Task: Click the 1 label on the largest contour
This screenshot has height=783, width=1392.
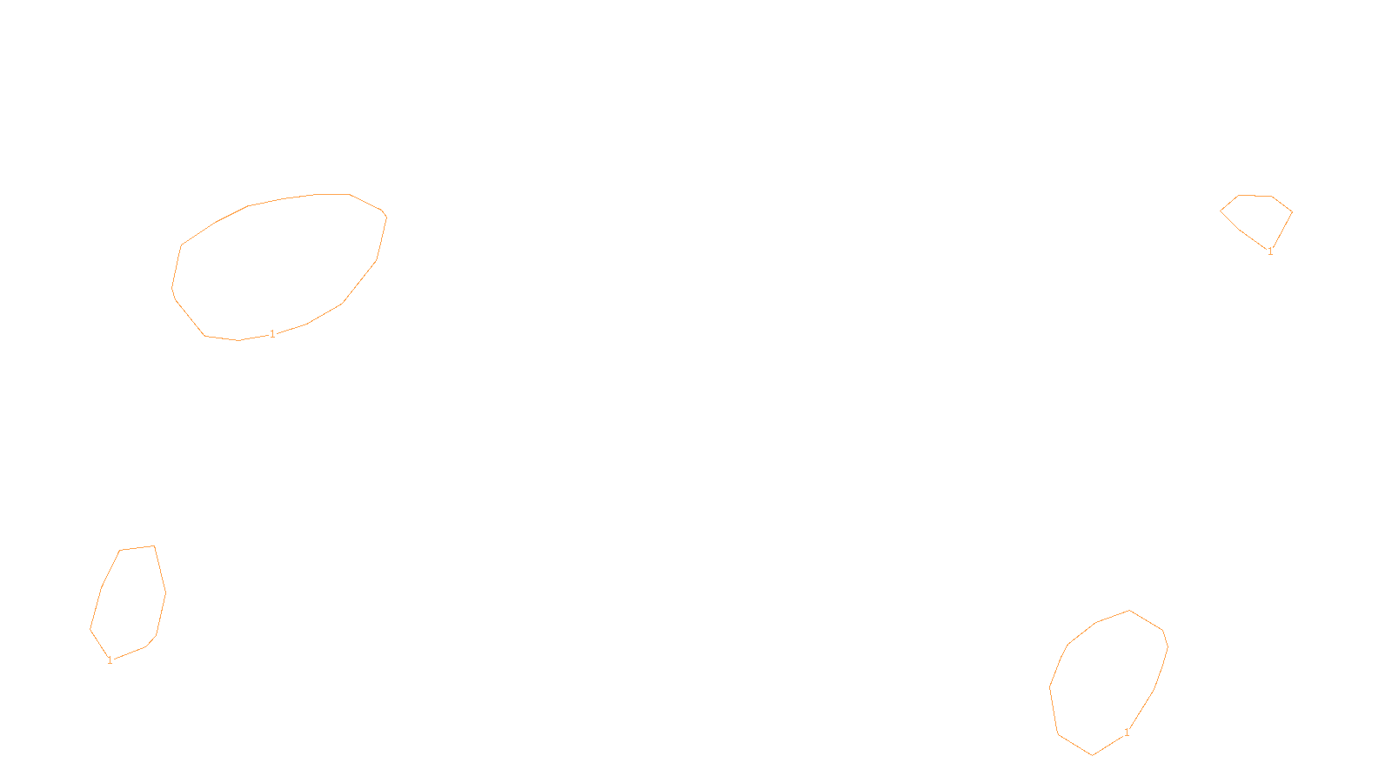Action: pos(272,334)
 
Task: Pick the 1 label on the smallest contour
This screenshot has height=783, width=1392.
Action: pos(1270,251)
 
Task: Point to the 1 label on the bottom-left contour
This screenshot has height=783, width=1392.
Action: pos(110,660)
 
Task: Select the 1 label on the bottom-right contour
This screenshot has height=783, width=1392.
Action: pos(1127,733)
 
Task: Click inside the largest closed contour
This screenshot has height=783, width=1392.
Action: pos(278,265)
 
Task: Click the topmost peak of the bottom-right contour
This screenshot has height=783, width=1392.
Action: pos(1129,611)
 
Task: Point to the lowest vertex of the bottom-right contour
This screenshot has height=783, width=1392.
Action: pos(1092,755)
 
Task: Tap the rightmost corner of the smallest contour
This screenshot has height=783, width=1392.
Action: pos(1292,211)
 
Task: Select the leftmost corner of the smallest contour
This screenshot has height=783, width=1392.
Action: pos(1221,211)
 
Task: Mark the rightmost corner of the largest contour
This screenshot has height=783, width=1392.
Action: pos(386,216)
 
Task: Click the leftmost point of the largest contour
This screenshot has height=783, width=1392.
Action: pos(172,288)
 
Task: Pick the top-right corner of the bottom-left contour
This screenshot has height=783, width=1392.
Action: pos(154,546)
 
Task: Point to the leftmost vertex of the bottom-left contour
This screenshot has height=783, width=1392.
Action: pos(90,629)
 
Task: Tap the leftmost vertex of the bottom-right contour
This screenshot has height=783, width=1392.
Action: pos(1050,687)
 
